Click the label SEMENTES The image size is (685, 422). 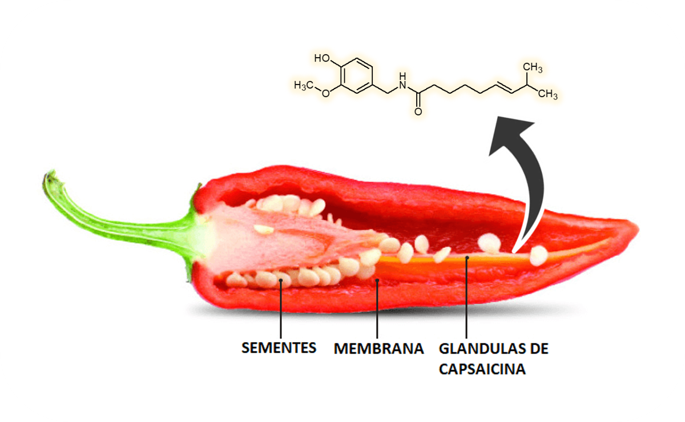(x=279, y=348)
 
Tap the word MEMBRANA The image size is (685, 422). (x=378, y=348)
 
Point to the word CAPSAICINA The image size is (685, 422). (x=482, y=369)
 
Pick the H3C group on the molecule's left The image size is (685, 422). (x=304, y=85)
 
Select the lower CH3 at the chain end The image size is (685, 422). (x=547, y=95)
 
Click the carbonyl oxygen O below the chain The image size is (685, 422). (x=418, y=111)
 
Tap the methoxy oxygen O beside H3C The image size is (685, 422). (x=325, y=94)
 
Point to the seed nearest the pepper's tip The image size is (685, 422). (x=538, y=255)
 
